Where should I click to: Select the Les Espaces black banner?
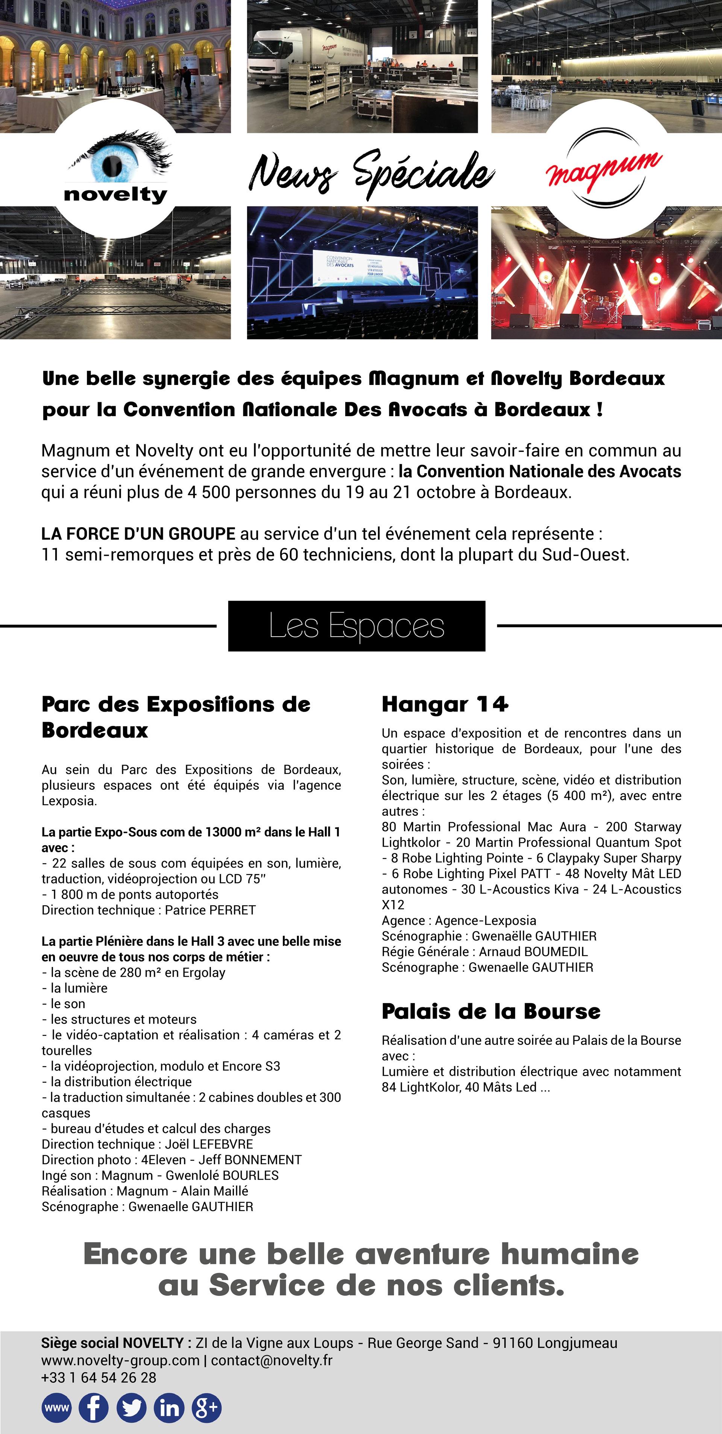pyautogui.click(x=356, y=626)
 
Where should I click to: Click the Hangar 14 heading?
pyautogui.click(x=444, y=704)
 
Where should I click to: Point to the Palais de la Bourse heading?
pyautogui.click(x=491, y=1011)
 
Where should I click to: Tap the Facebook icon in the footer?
pyautogui.click(x=94, y=1408)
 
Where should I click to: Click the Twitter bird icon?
pyautogui.click(x=131, y=1408)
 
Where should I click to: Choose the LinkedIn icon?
pyautogui.click(x=169, y=1408)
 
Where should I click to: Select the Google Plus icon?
pyautogui.click(x=206, y=1408)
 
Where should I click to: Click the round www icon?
pyautogui.click(x=56, y=1408)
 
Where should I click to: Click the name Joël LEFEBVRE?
pyautogui.click(x=209, y=1144)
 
